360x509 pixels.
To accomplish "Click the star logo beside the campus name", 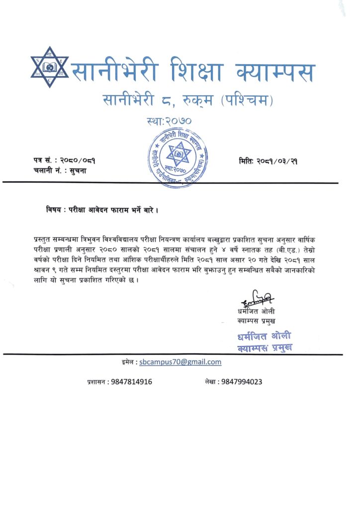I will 49,67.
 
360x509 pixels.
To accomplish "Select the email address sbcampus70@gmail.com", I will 180,362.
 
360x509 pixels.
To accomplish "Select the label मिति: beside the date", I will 247,161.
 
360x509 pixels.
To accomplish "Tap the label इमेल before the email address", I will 128,362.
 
